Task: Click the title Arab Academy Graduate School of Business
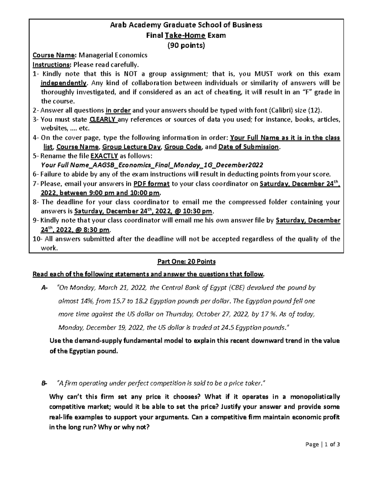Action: pyautogui.click(x=186, y=25)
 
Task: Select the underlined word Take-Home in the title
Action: pyautogui.click(x=185, y=35)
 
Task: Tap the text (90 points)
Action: pyautogui.click(x=186, y=46)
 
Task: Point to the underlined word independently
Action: pyautogui.click(x=64, y=83)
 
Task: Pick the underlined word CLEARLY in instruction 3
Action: pyautogui.click(x=103, y=119)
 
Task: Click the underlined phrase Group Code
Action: pyautogui.click(x=183, y=147)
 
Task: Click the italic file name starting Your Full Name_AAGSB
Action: pyautogui.click(x=152, y=165)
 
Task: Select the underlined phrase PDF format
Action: pyautogui.click(x=151, y=184)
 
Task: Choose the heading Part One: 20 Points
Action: pyautogui.click(x=186, y=262)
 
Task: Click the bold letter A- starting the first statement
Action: pyautogui.click(x=44, y=288)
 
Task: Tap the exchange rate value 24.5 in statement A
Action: pyautogui.click(x=228, y=327)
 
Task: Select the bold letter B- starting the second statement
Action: pyautogui.click(x=44, y=383)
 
